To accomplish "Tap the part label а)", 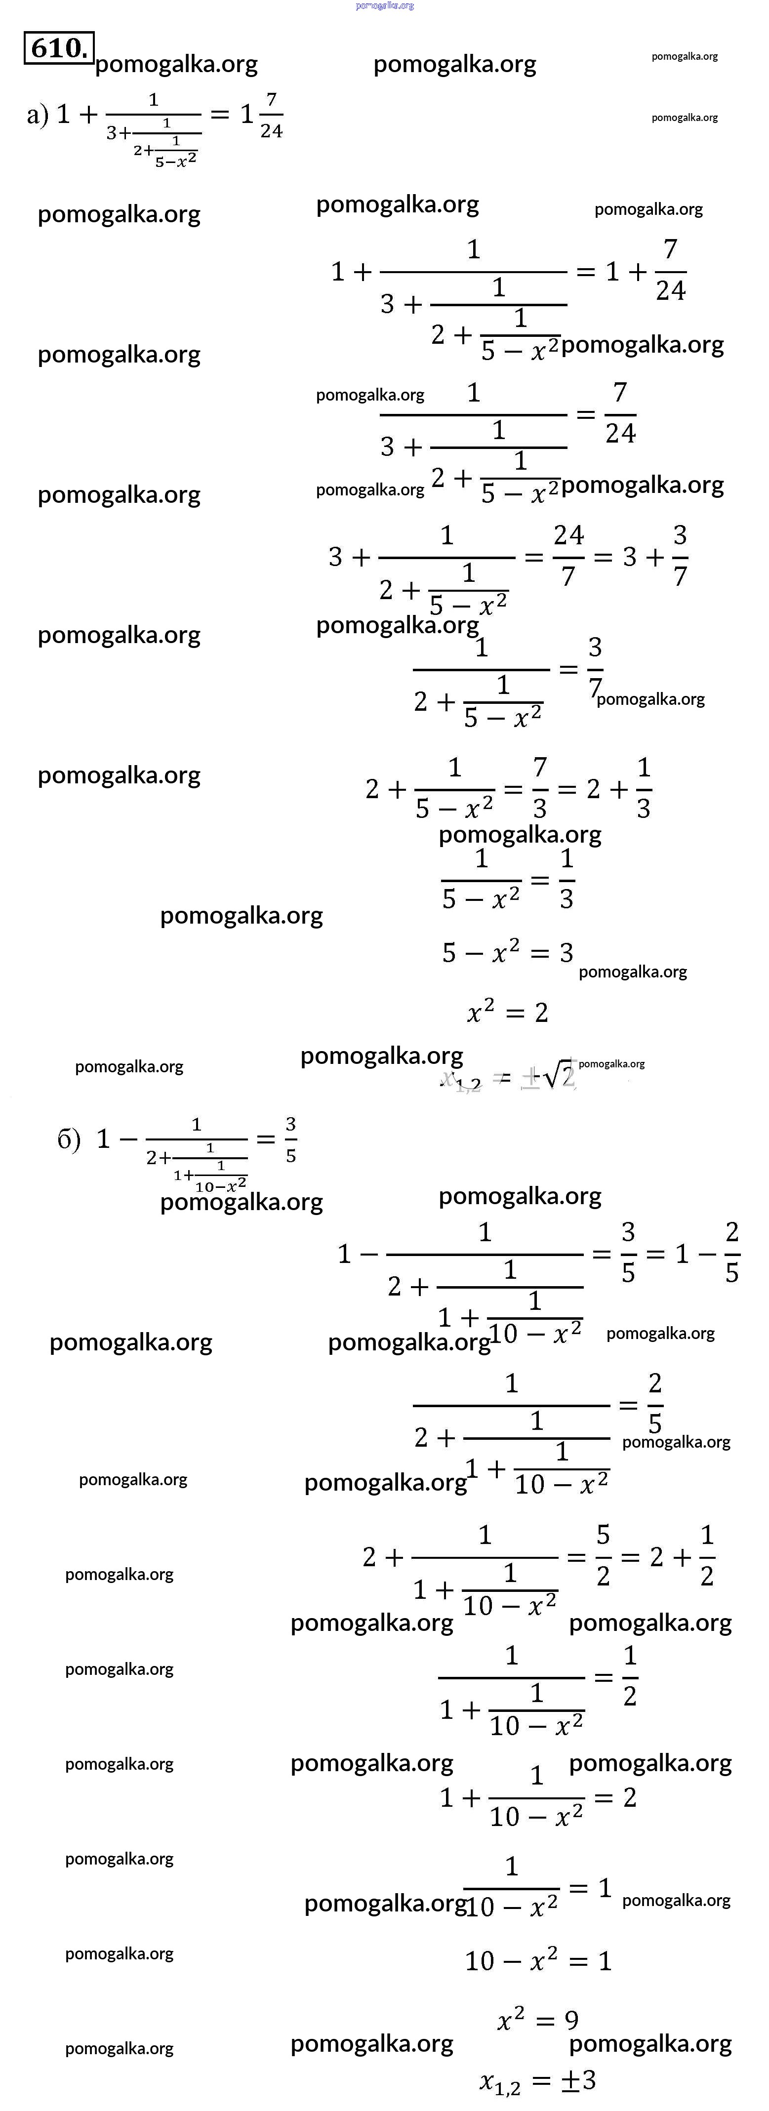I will pyautogui.click(x=38, y=114).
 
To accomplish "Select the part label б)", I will pyautogui.click(x=69, y=1138).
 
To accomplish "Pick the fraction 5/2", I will pyautogui.click(x=604, y=1554).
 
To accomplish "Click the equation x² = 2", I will pyautogui.click(x=507, y=1013).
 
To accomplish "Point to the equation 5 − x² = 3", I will pyautogui.click(x=507, y=952).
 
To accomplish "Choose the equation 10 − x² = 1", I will pyautogui.click(x=538, y=1960).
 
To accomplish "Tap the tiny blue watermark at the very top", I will pyautogui.click(x=384, y=6).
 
